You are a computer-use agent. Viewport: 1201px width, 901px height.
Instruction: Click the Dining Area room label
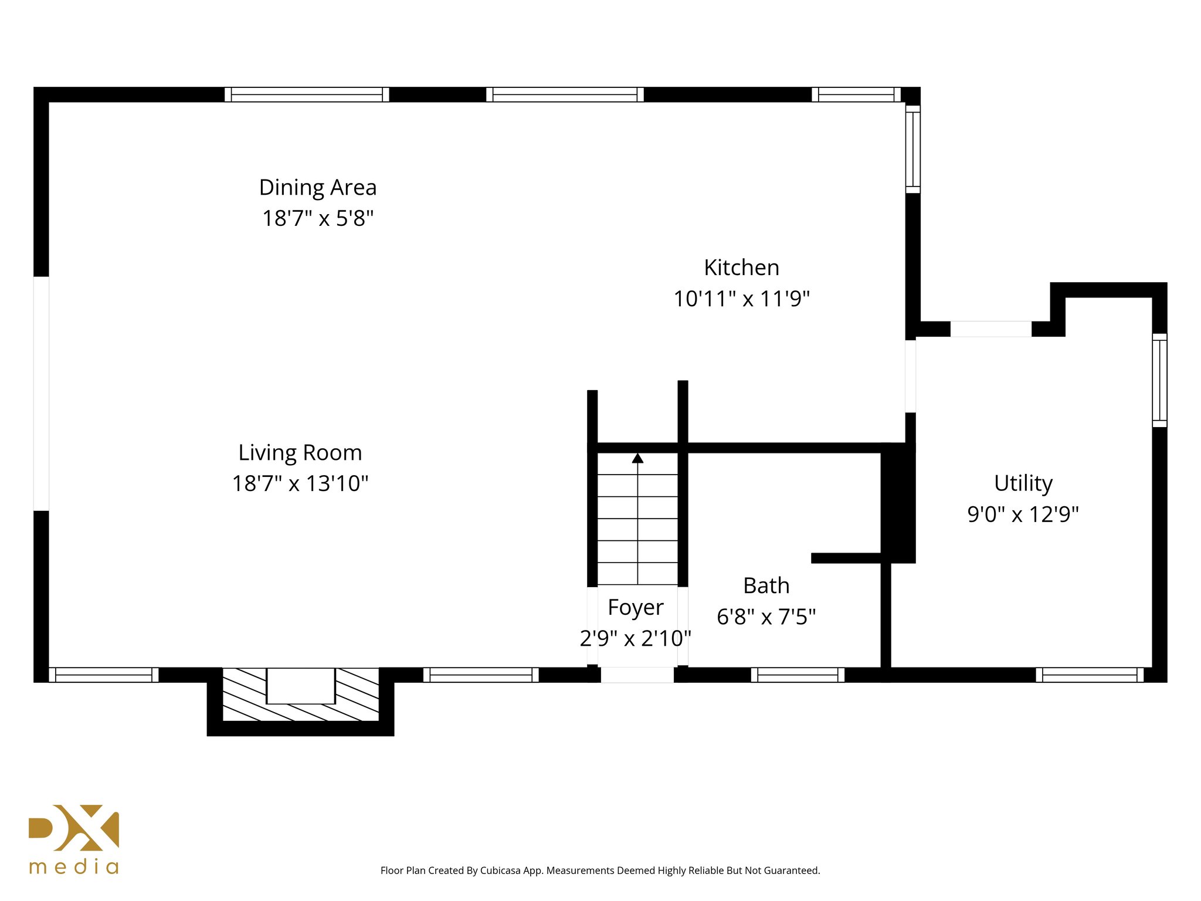(318, 188)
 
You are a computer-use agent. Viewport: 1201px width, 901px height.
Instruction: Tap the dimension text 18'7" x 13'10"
(300, 484)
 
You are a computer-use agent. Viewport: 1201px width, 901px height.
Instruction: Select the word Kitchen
(741, 268)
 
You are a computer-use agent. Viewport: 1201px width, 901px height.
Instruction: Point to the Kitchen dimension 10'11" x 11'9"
(741, 299)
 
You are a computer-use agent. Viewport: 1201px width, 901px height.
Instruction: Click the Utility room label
(1023, 483)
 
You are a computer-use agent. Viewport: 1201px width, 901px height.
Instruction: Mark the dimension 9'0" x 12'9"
(1023, 514)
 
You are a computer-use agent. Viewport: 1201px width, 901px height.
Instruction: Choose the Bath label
(766, 586)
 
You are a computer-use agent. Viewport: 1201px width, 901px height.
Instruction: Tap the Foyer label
(635, 608)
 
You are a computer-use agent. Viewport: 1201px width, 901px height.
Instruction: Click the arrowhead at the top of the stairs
(637, 458)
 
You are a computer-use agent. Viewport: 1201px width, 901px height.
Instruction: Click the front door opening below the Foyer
(637, 675)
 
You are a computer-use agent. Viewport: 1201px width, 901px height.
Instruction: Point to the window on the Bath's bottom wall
(798, 675)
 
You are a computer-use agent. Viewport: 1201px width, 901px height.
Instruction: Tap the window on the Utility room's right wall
(1159, 380)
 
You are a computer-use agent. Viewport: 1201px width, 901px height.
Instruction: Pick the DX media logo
(74, 839)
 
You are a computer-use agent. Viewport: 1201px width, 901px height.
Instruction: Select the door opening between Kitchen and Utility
(910, 376)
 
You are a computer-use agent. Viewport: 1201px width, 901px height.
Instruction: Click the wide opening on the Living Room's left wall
(41, 393)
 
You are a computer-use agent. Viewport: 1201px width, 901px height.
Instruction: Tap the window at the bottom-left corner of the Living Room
(103, 675)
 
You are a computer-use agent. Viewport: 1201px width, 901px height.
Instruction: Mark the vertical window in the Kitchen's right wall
(912, 150)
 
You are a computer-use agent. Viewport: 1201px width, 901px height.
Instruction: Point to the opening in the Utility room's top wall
(990, 329)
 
